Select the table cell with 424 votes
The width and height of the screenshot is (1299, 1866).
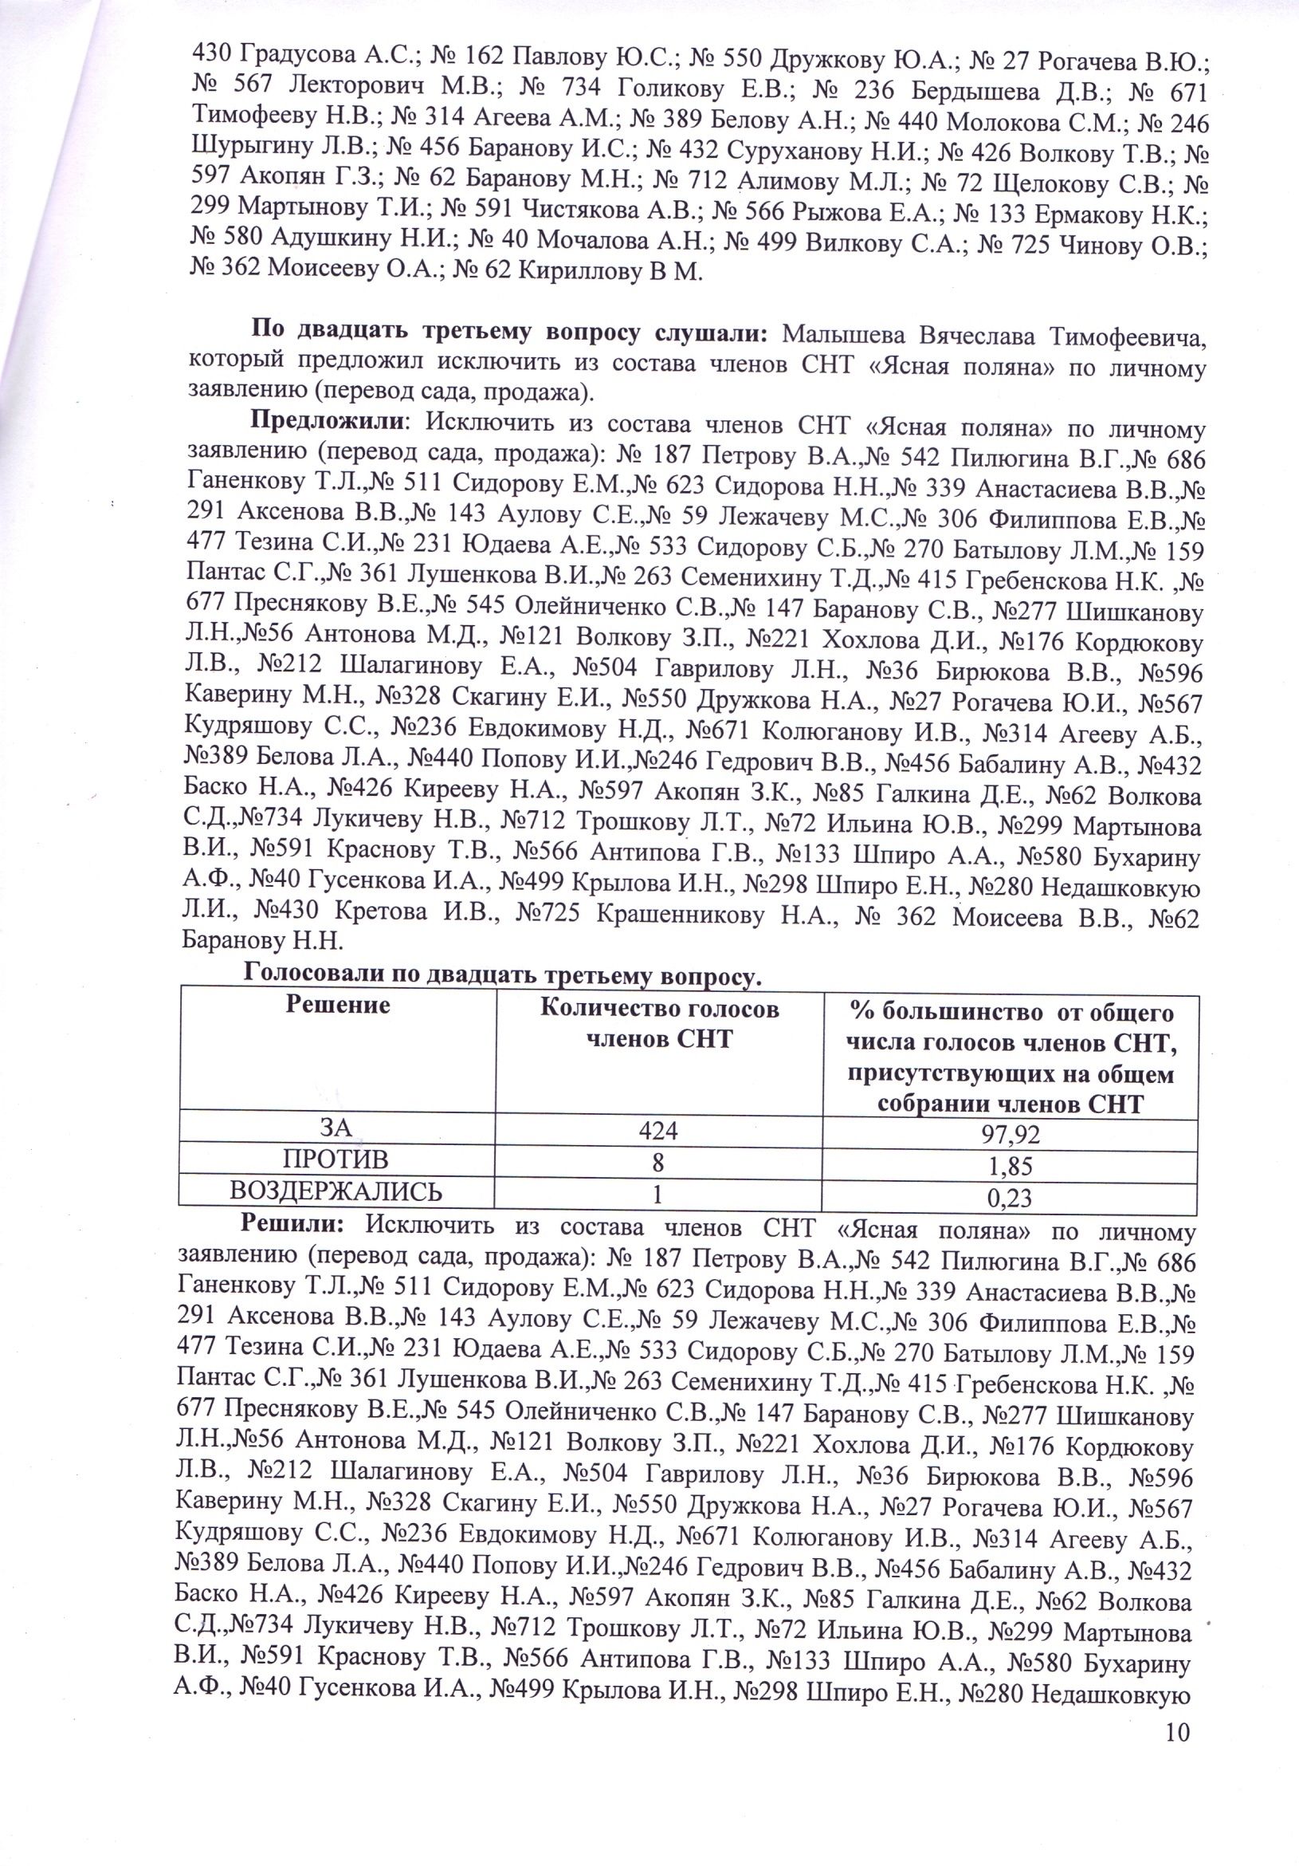click(x=658, y=1131)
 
